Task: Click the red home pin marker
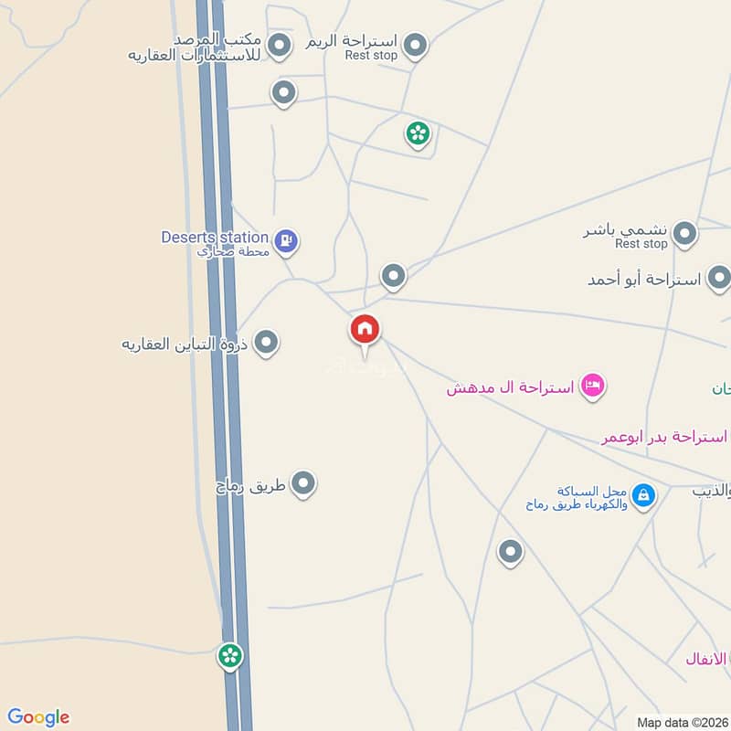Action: point(365,330)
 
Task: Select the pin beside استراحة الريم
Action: point(416,44)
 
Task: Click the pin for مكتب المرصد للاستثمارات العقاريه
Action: point(280,43)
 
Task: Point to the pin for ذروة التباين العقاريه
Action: point(266,343)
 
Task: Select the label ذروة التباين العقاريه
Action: point(187,344)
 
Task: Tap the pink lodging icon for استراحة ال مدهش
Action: point(593,386)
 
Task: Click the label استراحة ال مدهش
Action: point(510,388)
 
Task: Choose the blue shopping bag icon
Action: point(644,495)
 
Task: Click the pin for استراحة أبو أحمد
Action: point(719,278)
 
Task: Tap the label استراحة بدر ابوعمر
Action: point(665,438)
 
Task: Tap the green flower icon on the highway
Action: point(229,654)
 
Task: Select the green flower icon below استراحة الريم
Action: point(418,133)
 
